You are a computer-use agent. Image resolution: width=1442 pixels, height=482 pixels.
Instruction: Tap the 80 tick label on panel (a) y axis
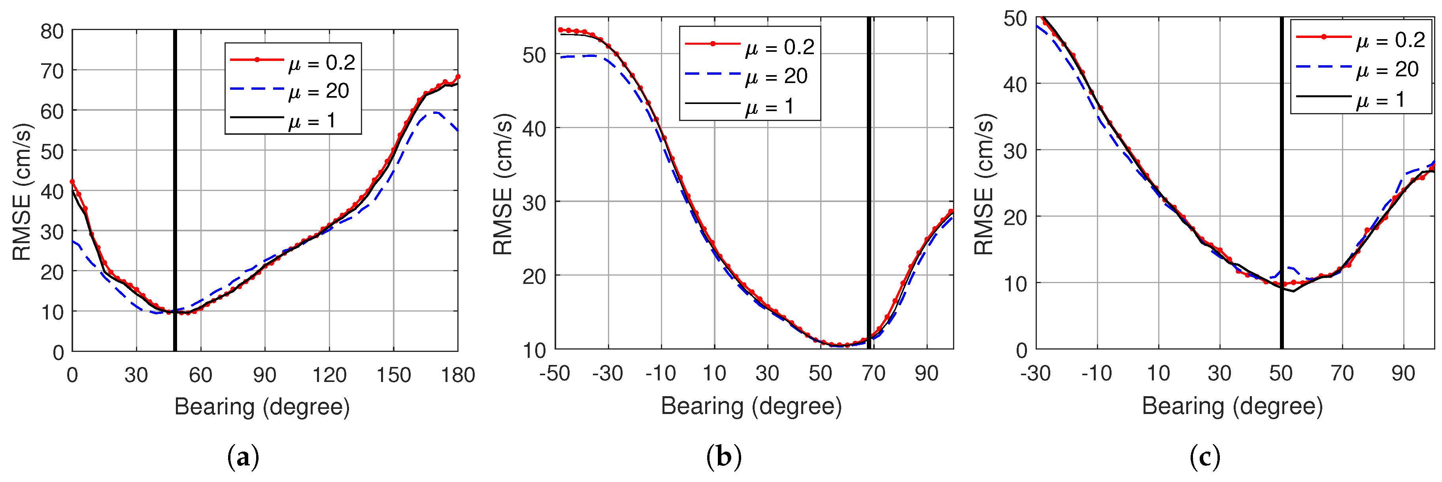coord(51,31)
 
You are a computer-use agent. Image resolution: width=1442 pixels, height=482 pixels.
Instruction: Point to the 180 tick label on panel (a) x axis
coord(457,374)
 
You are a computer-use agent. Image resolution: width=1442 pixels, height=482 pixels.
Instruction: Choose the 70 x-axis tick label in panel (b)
coord(873,373)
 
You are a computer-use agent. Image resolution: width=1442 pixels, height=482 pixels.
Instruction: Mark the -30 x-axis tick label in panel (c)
coord(1036,373)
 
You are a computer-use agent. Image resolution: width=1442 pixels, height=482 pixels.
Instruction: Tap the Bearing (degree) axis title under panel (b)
coord(751,406)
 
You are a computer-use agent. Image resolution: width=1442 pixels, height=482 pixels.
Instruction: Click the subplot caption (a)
coord(243,457)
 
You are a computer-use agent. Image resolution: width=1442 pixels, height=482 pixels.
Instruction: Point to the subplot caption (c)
coord(1205,457)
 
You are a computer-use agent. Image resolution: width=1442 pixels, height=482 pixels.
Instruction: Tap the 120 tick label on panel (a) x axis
coord(329,374)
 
